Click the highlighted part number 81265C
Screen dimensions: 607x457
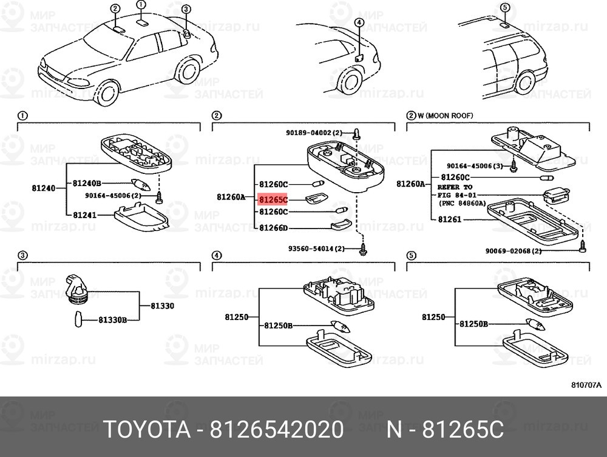pos(273,199)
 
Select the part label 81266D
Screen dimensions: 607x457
pos(273,228)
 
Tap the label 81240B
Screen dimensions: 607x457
pos(87,183)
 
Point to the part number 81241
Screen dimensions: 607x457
pos(85,215)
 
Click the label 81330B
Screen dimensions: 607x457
pos(113,320)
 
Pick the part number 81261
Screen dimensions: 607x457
pos(450,219)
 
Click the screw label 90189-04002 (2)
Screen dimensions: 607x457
pos(314,133)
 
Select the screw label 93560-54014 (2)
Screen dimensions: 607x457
pos(316,249)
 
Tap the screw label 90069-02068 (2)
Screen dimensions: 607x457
pos(514,251)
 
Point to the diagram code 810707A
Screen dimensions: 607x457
pos(586,385)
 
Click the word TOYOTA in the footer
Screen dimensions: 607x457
pos(147,429)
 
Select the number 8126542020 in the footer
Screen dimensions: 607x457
pos(276,429)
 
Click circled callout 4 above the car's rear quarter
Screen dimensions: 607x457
pos(359,23)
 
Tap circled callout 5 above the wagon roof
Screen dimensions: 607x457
pos(505,7)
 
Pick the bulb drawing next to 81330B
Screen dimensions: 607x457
pos(78,319)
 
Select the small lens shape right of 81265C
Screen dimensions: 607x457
pos(314,199)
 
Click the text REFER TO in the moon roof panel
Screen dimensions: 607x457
pos(455,187)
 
